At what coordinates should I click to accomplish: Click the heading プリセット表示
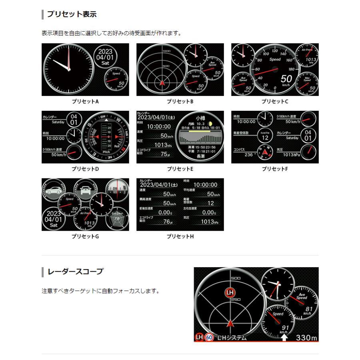coord(72,14)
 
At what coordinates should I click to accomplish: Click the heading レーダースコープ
coord(75,272)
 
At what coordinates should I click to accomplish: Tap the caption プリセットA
coord(85,102)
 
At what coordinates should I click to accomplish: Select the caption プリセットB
coord(180,102)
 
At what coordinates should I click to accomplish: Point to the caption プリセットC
coord(275,102)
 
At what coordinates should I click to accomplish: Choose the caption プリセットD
coord(85,169)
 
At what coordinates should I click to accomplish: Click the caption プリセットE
coord(180,169)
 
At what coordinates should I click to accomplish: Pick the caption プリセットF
coord(275,169)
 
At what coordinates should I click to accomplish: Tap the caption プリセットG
coord(85,236)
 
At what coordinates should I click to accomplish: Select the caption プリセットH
coord(180,236)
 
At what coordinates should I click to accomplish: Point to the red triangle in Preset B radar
coord(162,83)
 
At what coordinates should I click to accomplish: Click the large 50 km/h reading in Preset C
coord(286,79)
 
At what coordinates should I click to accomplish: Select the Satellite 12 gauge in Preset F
coord(265,136)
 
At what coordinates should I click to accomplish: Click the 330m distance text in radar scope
coord(306,338)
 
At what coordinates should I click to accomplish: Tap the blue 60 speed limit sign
coord(209,338)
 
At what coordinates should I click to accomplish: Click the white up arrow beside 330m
coord(284,338)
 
